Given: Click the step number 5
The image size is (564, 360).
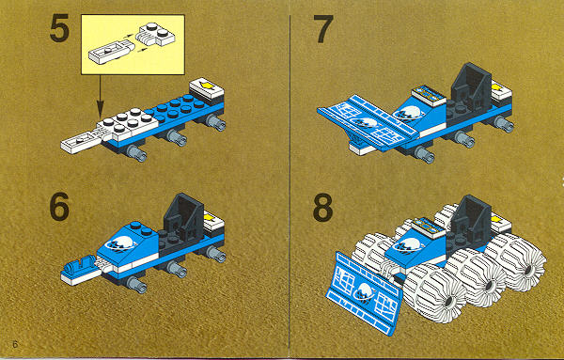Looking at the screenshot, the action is pos(60,29).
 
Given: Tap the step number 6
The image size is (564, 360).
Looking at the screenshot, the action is pos(60,207).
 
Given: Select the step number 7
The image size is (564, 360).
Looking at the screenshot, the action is pos(323,29).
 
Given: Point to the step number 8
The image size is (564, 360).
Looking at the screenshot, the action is pos(323,208).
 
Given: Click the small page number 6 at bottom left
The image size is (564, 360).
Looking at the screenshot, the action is pos(15,344).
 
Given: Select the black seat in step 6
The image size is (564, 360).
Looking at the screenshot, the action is pos(184,217).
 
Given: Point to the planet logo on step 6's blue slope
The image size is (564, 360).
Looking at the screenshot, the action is pos(122,243).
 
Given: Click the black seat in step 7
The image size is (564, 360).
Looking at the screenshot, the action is pos(472,86).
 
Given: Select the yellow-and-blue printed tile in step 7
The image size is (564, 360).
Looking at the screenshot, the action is pos(430,95).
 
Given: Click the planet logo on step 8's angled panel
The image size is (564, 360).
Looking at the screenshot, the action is pos(365,292).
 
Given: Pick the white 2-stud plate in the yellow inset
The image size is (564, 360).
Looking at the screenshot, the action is pos(156,35).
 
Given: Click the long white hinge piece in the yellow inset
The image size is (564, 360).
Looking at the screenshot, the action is pos(111,53).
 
